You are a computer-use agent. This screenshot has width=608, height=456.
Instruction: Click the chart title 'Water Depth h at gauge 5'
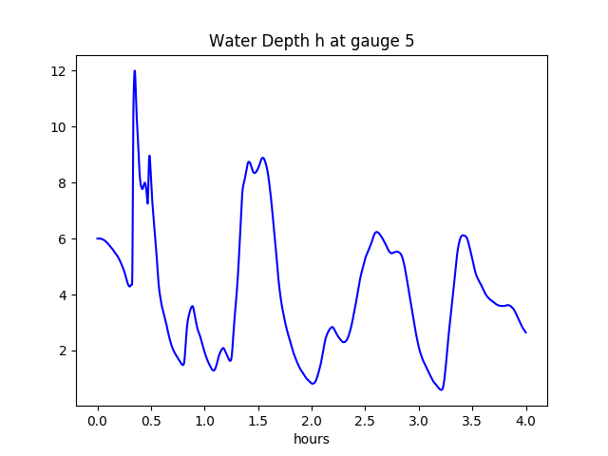point(312,41)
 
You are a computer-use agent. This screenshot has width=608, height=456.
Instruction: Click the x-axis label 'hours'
point(312,439)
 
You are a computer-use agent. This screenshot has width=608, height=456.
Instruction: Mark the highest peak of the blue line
point(135,70)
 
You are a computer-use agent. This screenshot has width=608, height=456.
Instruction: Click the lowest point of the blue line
point(442,389)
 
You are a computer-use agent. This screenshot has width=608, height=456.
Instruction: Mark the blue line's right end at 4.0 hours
point(525,332)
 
